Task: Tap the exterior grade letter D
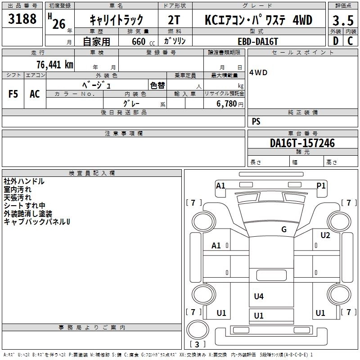[x=335, y=40]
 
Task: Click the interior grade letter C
[x=350, y=40]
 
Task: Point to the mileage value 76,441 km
[x=54, y=64]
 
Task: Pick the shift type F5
[x=13, y=94]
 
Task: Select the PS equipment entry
[x=256, y=121]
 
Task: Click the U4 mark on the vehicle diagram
[x=259, y=296]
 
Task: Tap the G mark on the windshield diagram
[x=284, y=229]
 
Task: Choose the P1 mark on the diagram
[x=321, y=185]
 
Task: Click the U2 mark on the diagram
[x=325, y=235]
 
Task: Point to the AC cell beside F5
[x=35, y=94]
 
